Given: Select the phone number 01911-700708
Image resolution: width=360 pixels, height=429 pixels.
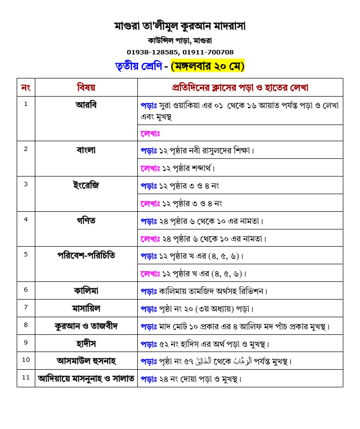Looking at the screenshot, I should (x=208, y=52).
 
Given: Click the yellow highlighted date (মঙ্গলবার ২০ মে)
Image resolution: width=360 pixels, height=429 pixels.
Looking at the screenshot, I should (x=207, y=66).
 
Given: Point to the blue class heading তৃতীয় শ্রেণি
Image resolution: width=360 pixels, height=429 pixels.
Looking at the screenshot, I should (x=137, y=66).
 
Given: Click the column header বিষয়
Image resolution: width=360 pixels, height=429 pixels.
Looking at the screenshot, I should (x=86, y=88).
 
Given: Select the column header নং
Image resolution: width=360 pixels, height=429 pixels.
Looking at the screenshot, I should (x=26, y=88).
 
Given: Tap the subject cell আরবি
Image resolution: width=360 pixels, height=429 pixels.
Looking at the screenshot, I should (x=86, y=105).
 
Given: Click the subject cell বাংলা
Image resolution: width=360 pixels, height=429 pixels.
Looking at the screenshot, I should (x=86, y=150).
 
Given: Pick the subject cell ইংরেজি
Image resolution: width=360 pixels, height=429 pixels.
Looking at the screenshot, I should (x=86, y=185).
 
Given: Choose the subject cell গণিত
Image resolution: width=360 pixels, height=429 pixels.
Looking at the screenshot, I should (x=86, y=221).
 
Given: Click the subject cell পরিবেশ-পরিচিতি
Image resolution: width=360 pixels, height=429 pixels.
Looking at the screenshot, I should (x=86, y=256).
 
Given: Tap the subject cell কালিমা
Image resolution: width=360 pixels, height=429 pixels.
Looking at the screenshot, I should (x=86, y=291).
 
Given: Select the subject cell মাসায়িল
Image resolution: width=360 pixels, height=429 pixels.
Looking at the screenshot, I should (x=86, y=308).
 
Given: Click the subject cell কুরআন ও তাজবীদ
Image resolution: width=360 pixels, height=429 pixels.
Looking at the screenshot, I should (x=86, y=326).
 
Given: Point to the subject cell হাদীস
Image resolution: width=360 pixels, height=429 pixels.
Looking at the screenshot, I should (x=86, y=343).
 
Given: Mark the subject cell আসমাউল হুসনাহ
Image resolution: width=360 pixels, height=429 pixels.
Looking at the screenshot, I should (x=86, y=361).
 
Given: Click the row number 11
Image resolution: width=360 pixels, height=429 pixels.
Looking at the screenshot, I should (x=26, y=378).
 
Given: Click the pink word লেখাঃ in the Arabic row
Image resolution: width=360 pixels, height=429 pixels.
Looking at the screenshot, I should (x=151, y=133).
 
